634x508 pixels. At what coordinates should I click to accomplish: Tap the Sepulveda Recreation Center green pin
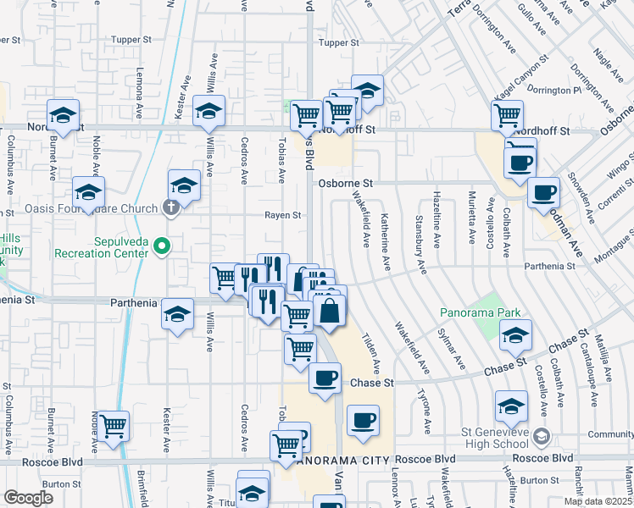(x=164, y=246)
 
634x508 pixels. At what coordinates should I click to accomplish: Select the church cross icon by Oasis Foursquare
(x=170, y=208)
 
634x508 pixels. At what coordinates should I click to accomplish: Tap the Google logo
(x=28, y=498)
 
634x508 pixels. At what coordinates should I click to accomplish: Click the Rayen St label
(x=283, y=215)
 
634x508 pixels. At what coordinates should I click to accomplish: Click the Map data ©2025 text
(x=598, y=501)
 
